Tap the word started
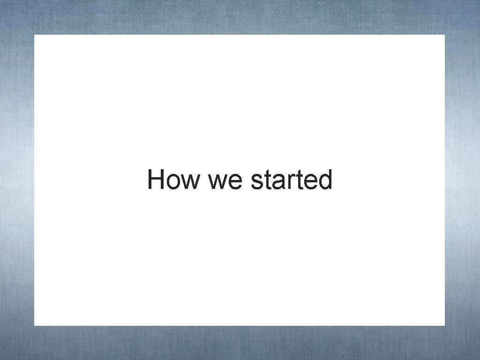coord(292,180)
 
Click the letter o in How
coord(173,182)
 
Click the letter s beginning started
coord(257,182)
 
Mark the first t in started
coord(267,181)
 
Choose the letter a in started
coord(277,182)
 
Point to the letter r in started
coord(288,182)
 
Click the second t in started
coord(296,181)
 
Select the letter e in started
coord(307,182)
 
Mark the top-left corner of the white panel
coord(34,35)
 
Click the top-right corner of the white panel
coord(444,35)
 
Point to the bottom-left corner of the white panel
coord(34,325)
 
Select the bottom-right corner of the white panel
coord(444,325)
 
